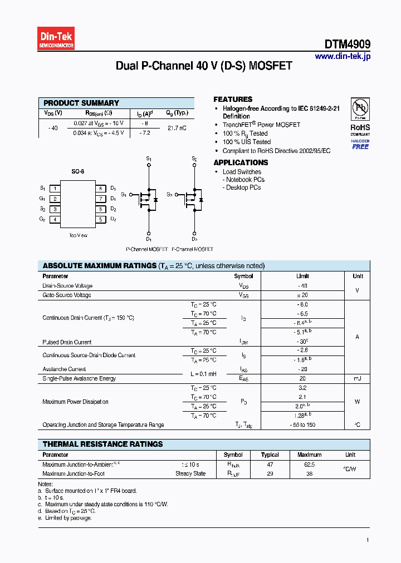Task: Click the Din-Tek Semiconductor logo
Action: (56, 39)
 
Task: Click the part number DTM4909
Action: (348, 44)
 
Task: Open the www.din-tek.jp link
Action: (343, 56)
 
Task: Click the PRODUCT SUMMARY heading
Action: (81, 103)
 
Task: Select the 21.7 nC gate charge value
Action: (177, 128)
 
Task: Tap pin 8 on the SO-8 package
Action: (100, 188)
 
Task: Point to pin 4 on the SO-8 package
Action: (55, 219)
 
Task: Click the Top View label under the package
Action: (78, 235)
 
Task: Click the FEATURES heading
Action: (233, 99)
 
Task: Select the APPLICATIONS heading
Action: (241, 162)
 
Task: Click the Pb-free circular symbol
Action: (360, 107)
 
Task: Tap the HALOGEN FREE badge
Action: (360, 145)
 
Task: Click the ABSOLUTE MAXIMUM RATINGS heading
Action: (100, 266)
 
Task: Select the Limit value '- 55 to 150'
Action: (302, 425)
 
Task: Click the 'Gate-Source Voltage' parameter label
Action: (67, 295)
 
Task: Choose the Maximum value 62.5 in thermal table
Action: (309, 463)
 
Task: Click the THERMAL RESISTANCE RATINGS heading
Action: (103, 444)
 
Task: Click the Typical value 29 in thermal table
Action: (270, 473)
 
